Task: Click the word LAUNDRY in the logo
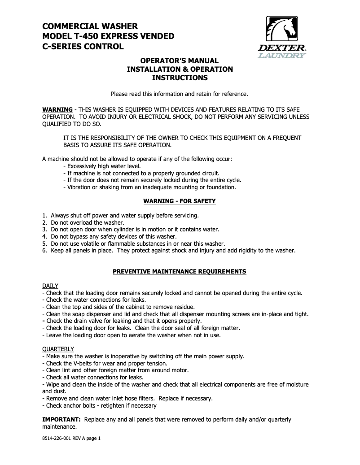(282, 56)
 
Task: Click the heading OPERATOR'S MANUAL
(180, 61)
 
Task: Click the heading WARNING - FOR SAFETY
(180, 201)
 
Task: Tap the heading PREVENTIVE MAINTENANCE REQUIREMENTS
(180, 272)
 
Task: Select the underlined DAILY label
(50, 286)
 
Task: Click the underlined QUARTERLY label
(58, 349)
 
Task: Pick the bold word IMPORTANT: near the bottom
(61, 420)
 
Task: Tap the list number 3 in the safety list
(44, 229)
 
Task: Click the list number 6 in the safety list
(44, 251)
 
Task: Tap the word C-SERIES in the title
(62, 46)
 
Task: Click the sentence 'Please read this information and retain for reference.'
(180, 94)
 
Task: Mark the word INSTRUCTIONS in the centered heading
(180, 78)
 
